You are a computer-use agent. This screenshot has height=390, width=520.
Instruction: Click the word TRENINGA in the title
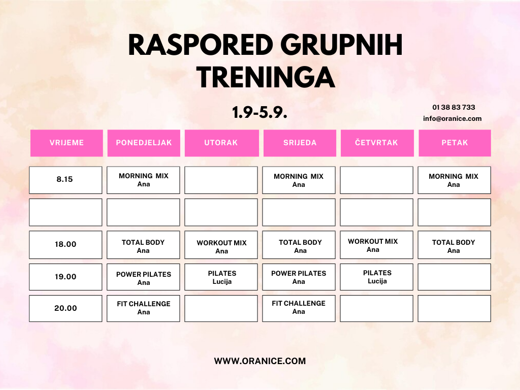coord(266,77)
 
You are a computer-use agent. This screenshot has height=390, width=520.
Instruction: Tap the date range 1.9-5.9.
coord(259,112)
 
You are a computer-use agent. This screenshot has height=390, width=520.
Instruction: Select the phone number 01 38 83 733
coord(453,107)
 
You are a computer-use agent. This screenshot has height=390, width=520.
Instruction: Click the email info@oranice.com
coord(452,118)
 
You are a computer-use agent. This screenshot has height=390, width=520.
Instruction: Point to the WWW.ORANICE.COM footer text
coord(260,361)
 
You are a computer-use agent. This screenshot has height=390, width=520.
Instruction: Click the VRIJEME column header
coord(67,143)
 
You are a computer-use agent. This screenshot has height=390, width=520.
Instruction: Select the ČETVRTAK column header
coord(377,143)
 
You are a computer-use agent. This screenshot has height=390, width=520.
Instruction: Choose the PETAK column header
coord(454,143)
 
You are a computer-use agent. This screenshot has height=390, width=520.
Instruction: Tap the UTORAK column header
coord(221,143)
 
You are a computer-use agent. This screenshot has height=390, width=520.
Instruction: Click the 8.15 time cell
coord(66,180)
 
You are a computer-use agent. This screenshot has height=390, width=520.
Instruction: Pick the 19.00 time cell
coord(66,277)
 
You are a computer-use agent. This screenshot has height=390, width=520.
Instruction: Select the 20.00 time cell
coord(66,308)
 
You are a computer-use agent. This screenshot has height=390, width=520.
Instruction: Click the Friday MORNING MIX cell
coord(454,180)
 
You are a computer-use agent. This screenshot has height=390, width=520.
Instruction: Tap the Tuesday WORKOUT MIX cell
coord(221,245)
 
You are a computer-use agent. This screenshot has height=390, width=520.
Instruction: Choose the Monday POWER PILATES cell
coord(143,277)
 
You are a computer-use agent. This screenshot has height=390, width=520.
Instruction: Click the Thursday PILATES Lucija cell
coord(377,277)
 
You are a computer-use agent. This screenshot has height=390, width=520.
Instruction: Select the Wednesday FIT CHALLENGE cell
coord(299,308)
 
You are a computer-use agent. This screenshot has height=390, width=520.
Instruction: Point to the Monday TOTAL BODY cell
coord(143,245)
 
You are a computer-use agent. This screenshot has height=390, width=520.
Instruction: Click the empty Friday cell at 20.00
coord(454,308)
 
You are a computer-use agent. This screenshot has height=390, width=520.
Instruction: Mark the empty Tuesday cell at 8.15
coord(221,180)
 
